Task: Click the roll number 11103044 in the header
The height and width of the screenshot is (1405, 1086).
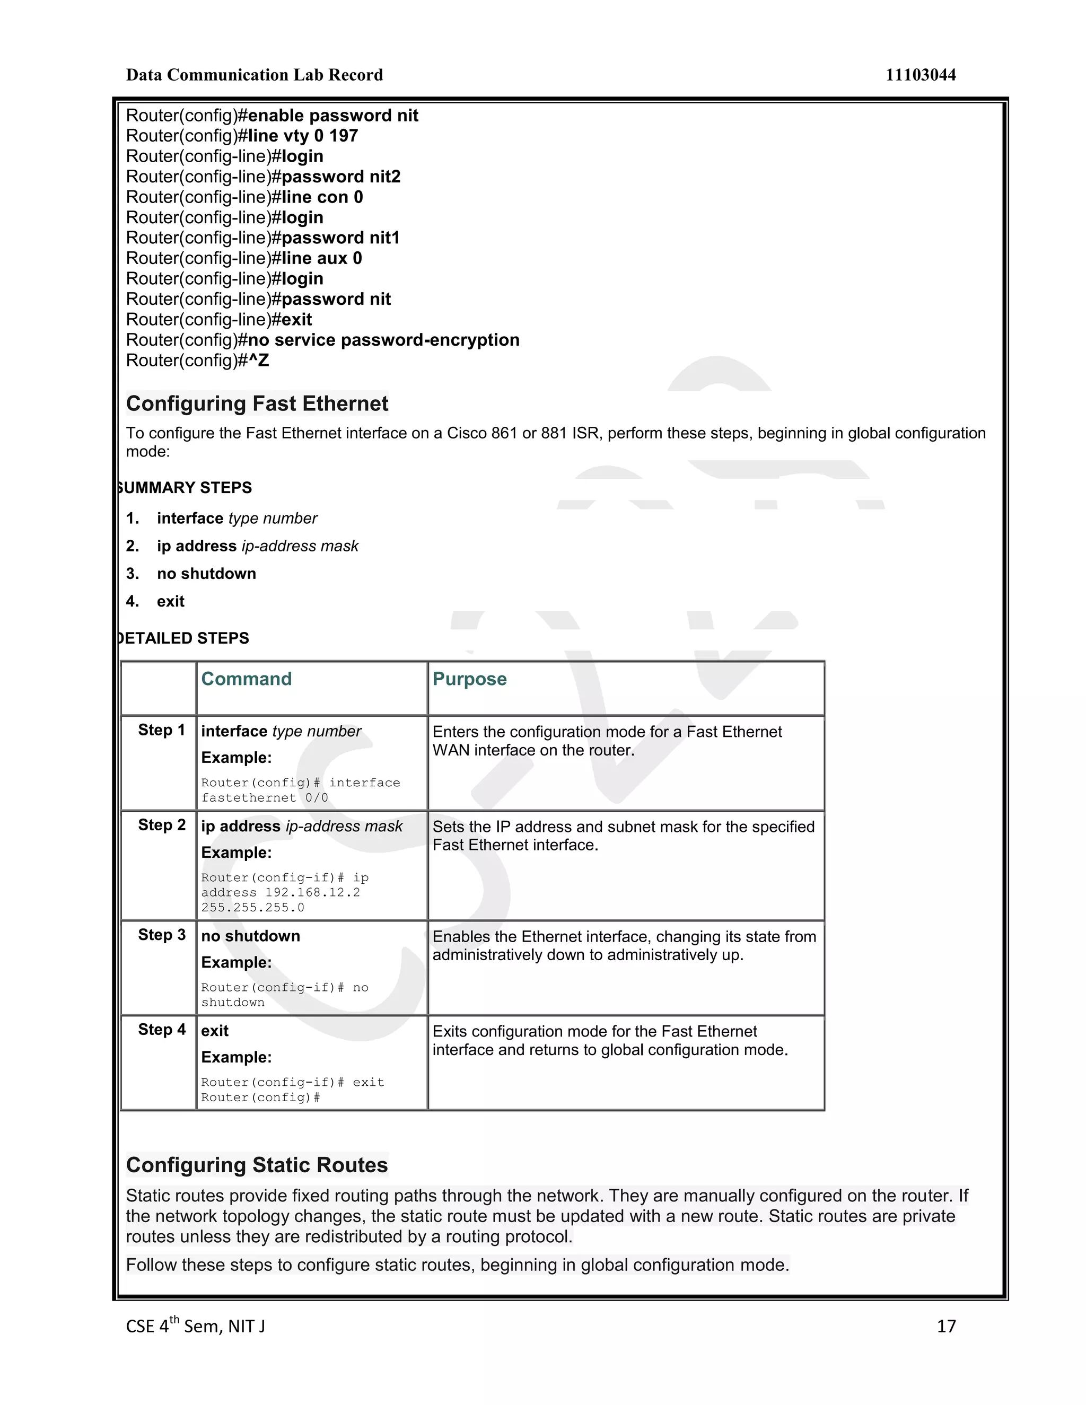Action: pos(920,75)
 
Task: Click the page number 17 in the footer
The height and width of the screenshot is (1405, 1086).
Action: pos(946,1326)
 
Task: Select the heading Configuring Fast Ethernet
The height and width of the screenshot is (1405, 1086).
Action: pos(257,403)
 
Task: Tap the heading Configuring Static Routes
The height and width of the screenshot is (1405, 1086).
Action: pos(257,1164)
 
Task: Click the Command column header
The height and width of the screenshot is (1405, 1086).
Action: pos(247,679)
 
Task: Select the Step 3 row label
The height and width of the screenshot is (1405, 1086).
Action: pos(162,935)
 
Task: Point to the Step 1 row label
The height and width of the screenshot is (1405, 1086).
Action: pos(162,730)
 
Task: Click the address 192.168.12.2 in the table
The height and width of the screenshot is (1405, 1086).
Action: pos(313,892)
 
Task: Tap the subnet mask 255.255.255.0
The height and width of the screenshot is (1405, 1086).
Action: pos(253,908)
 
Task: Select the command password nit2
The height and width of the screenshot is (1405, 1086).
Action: pos(341,177)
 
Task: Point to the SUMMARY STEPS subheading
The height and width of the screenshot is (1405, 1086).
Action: pos(186,488)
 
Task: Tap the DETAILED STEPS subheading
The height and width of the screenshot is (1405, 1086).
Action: pos(184,638)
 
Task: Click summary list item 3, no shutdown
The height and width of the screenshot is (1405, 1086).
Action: pos(206,574)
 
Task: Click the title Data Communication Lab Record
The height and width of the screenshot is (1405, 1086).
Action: pos(254,75)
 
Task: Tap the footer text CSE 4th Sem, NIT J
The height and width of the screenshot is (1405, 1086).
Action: pos(195,1326)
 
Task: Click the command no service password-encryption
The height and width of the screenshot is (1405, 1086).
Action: pos(383,340)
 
